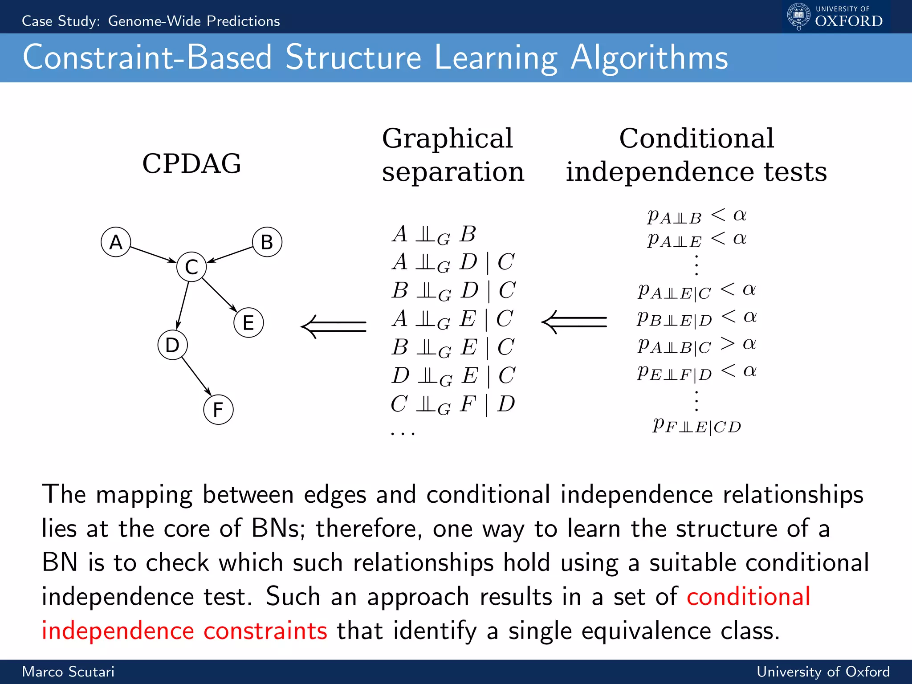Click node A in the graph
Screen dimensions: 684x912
(116, 242)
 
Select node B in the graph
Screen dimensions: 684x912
(267, 242)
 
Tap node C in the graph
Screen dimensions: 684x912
(191, 267)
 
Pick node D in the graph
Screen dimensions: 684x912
(172, 345)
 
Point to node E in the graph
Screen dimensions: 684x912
(248, 322)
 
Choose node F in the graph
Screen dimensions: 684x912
(218, 409)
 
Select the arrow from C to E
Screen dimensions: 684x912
(220, 295)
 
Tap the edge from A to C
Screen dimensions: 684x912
(153, 254)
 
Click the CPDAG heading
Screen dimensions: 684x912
(191, 163)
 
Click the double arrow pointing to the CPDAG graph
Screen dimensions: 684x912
(334, 326)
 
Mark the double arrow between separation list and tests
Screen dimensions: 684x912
(574, 322)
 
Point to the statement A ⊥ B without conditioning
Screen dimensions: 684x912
(434, 234)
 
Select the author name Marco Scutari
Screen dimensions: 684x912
(68, 672)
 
